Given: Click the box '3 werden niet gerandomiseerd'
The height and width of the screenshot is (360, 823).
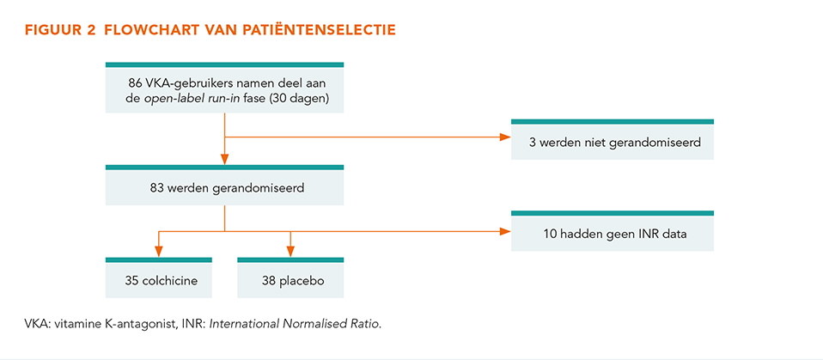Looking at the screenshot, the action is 612,139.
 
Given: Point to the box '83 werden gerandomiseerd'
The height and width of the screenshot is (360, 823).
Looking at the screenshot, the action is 224,185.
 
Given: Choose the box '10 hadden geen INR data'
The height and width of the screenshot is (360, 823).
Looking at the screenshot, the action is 612,231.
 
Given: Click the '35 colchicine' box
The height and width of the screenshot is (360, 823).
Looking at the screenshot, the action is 159,278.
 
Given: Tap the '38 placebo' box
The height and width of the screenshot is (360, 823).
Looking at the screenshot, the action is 290,278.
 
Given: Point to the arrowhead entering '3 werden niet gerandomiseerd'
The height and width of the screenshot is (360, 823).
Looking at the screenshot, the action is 506,138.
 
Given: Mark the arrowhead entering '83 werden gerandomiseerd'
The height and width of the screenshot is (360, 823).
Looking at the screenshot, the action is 224,160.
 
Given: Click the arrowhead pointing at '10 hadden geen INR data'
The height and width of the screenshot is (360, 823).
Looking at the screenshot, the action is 506,230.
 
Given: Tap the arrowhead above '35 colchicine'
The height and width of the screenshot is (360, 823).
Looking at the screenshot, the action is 159,253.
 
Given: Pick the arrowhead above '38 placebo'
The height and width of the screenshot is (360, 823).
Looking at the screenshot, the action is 290,253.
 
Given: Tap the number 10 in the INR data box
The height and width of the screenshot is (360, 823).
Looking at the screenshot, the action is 550,233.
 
